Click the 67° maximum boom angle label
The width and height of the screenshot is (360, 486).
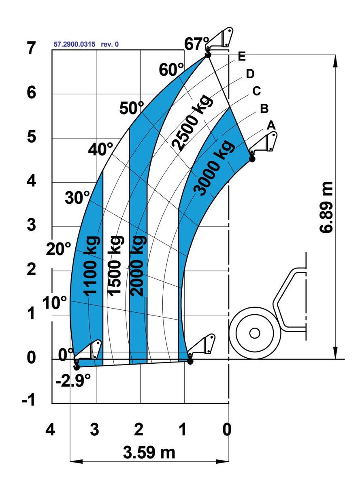coord(196,44)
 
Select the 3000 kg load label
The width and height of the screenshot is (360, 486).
coord(215,168)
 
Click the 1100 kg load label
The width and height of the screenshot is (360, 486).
coord(91,266)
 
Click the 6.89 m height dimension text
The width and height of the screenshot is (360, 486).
coord(326,207)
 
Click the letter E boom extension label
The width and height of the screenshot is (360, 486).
coord(242,56)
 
